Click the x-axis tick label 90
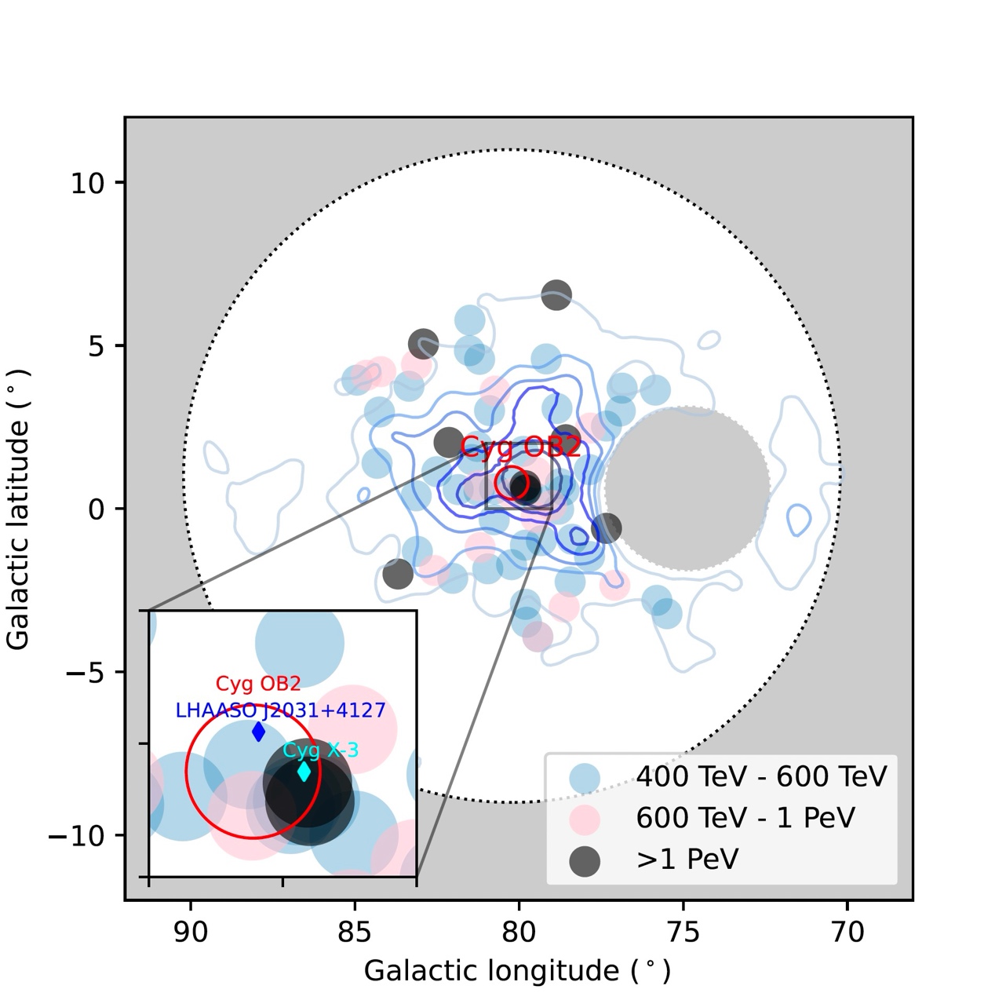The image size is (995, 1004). [191, 932]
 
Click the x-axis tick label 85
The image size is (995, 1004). [355, 932]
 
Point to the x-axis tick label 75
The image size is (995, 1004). [683, 932]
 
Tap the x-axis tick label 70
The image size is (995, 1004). [847, 932]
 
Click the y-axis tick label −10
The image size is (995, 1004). [77, 836]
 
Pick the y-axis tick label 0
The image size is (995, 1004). [97, 509]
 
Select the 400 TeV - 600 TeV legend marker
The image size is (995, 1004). [585, 777]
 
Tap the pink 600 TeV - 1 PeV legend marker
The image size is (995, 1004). [585, 819]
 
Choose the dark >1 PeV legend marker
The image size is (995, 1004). [585, 860]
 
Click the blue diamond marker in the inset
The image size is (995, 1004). [259, 732]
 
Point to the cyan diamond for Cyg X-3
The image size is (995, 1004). [304, 772]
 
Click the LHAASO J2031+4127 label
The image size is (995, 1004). [280, 711]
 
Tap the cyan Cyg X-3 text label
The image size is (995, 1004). [320, 750]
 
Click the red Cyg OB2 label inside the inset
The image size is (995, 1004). [258, 685]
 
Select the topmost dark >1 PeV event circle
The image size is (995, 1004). [556, 295]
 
